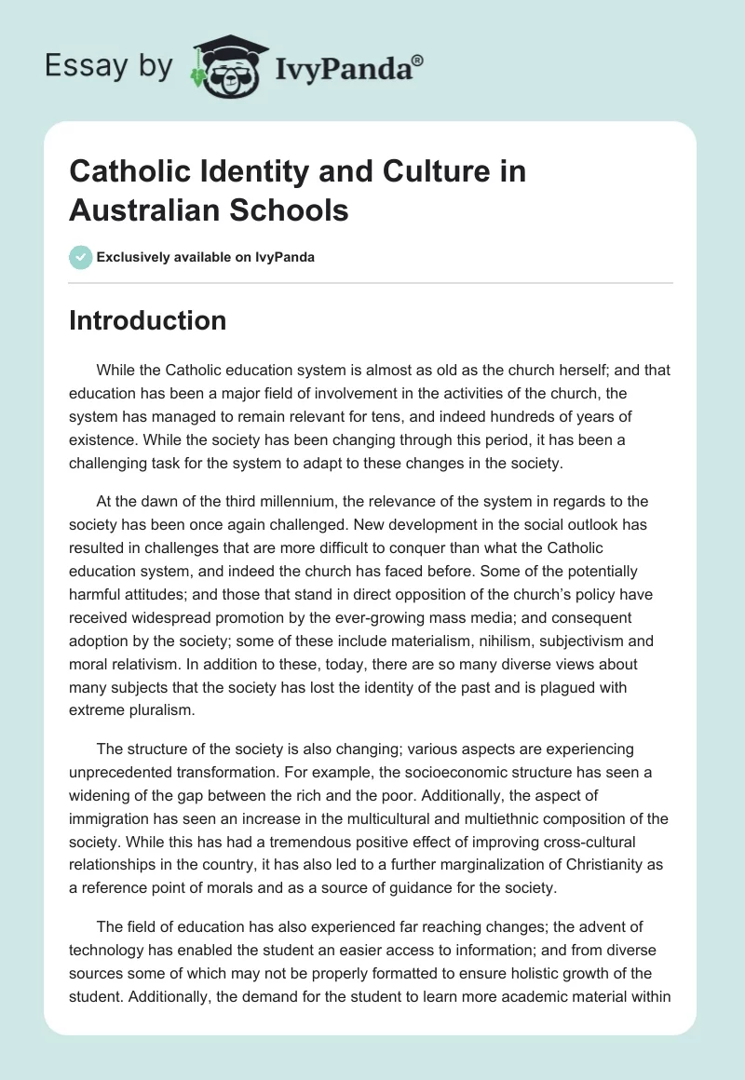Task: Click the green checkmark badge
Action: pyautogui.click(x=81, y=257)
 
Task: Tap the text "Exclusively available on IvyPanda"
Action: pyautogui.click(x=207, y=257)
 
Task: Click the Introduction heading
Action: pyautogui.click(x=148, y=320)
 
